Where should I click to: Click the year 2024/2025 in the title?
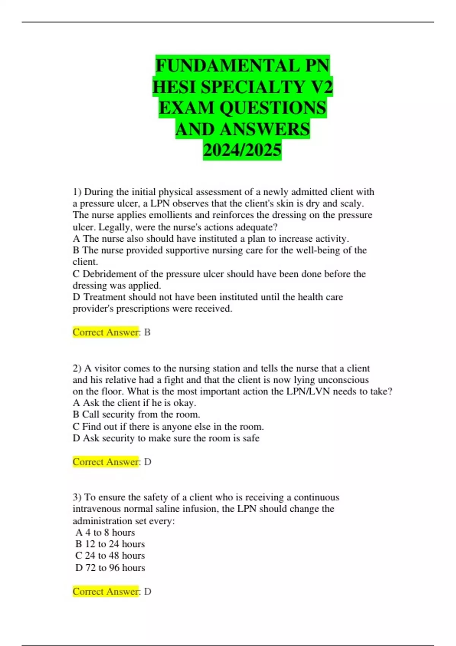[242, 150]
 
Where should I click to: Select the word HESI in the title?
[175, 87]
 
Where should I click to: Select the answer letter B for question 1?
[147, 332]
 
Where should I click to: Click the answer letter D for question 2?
[148, 462]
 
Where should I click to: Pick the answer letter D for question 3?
[148, 592]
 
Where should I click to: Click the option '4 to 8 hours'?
[110, 532]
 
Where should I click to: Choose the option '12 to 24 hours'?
[115, 544]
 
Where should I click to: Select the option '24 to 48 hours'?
[115, 556]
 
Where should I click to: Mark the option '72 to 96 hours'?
[115, 568]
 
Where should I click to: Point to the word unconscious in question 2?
[343, 380]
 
